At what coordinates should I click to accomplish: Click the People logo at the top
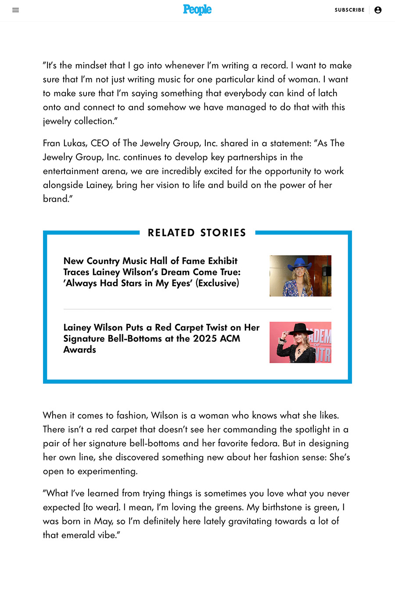(197, 10)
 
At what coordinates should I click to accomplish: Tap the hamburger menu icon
(16, 10)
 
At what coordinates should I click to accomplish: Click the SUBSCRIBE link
(349, 10)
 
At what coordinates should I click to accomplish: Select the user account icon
(378, 10)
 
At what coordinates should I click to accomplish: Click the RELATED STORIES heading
(197, 233)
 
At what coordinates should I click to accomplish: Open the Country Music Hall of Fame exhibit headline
(152, 272)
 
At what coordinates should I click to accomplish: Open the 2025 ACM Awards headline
(161, 338)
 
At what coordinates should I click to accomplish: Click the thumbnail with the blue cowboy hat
(300, 276)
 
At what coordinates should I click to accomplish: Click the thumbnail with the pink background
(300, 343)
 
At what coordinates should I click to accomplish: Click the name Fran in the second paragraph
(52, 143)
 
